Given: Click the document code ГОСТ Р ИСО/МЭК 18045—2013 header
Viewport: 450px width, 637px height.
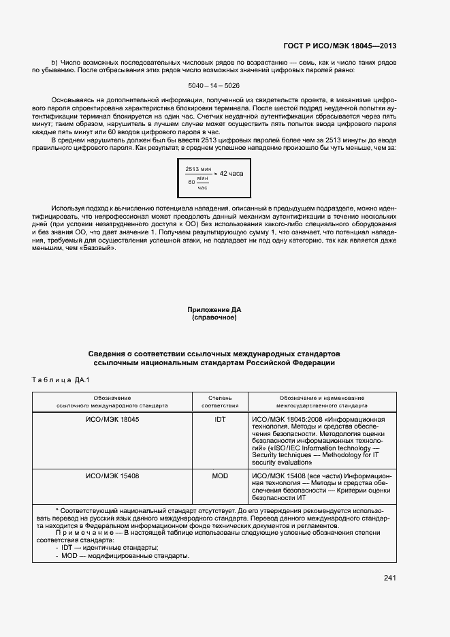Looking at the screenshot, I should pyautogui.click(x=339, y=46).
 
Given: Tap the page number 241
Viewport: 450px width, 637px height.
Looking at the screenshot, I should pyautogui.click(x=389, y=578).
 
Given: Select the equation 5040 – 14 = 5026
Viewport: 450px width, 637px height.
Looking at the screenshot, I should pyautogui.click(x=214, y=85).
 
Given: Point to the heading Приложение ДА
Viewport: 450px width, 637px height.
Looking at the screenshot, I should pyautogui.click(x=214, y=310).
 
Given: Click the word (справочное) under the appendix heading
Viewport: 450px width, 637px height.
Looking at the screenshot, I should pyautogui.click(x=214, y=317).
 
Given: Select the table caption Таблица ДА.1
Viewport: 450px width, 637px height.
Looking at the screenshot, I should pyautogui.click(x=61, y=379).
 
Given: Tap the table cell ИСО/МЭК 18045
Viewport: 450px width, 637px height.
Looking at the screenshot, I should pyautogui.click(x=112, y=420).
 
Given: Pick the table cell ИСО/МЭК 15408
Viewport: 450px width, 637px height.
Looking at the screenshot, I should pyautogui.click(x=112, y=476).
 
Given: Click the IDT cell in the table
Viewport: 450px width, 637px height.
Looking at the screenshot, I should pyautogui.click(x=220, y=420).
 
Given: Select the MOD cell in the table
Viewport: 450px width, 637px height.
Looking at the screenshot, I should pyautogui.click(x=220, y=476).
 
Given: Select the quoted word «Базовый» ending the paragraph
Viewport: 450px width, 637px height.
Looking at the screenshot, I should pyautogui.click(x=102, y=247).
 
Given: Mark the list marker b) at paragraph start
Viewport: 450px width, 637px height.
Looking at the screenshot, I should pyautogui.click(x=54, y=63).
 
